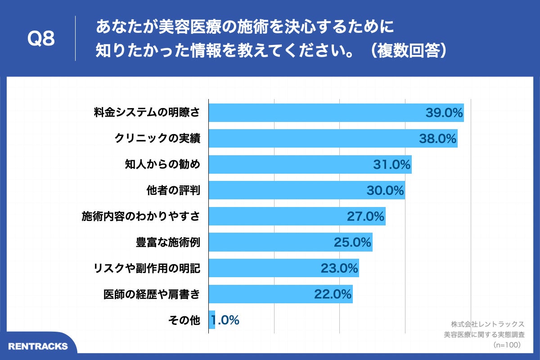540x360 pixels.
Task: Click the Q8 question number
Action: coord(41,39)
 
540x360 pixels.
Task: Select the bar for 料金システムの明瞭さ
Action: coord(315,112)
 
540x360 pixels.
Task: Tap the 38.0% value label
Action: coord(438,139)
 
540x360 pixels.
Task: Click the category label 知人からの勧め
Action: coord(162,165)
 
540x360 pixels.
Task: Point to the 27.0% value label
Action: coord(365,216)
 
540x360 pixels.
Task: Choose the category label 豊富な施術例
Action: coord(168,243)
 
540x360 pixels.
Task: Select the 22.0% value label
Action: coord(333,294)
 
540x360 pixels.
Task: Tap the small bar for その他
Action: coord(212,320)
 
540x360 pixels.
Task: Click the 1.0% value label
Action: coord(225,320)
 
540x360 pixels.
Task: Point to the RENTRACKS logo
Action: coord(38,346)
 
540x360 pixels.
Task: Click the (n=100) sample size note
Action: coord(506,345)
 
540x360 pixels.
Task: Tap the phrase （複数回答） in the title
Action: coord(408,51)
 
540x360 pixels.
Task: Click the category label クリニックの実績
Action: coord(157,139)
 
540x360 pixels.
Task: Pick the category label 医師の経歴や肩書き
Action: coord(152,294)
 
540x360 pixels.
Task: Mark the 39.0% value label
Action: coord(444,112)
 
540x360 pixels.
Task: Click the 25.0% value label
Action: coord(352,243)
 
